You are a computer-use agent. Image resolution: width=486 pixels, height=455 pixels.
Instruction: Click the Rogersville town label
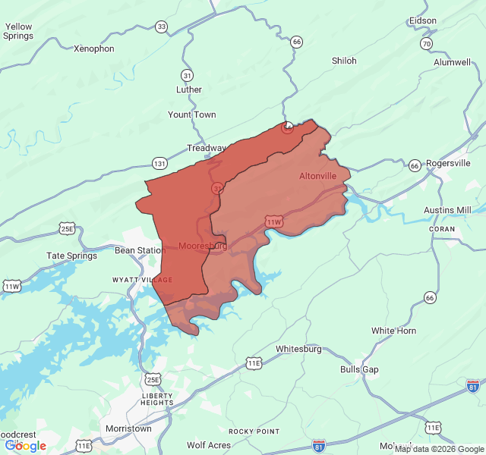coord(448,163)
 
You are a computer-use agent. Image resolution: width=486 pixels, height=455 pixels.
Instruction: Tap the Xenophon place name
coord(93,49)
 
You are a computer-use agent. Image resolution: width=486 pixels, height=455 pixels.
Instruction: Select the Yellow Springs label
coord(18,31)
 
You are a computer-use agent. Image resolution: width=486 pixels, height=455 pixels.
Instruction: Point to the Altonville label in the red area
coord(317,176)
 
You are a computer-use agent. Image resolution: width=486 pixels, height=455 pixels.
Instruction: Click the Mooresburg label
coord(203,246)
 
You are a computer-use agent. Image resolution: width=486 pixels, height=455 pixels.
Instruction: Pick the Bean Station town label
coord(140,250)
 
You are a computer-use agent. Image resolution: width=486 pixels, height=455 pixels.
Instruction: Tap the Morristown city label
coord(128,428)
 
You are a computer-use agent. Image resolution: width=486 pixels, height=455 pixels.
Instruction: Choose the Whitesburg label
coord(298,349)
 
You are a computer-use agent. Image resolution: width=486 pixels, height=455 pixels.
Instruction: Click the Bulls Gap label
coord(359,369)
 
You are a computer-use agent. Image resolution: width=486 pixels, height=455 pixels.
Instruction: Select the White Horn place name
coord(393,331)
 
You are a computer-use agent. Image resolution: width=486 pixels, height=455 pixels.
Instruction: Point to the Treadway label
coord(207,148)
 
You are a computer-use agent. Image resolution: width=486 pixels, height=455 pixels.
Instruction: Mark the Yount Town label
coord(192,115)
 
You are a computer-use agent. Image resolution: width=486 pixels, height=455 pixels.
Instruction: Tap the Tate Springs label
coord(72,256)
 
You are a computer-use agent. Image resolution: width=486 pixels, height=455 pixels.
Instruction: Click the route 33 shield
coord(161,27)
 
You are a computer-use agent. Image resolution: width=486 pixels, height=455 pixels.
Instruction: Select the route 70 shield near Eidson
coord(427,44)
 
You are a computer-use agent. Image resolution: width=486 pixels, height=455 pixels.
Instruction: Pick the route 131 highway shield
coord(159,163)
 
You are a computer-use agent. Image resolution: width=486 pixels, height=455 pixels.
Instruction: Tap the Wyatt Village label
coord(143,280)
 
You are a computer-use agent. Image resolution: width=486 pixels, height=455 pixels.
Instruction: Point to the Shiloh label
coord(344,61)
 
